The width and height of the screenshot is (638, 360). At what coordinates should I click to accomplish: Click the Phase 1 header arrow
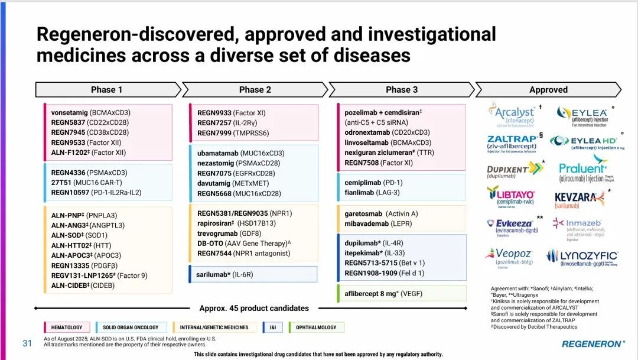(107, 90)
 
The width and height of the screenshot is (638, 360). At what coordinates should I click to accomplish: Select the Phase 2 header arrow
(255, 90)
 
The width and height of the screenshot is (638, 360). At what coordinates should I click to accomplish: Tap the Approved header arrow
(548, 90)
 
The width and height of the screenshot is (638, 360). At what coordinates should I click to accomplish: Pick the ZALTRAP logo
(512, 142)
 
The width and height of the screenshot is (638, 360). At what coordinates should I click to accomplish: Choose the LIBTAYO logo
(511, 196)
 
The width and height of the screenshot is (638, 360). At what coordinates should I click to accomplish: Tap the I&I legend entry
(272, 327)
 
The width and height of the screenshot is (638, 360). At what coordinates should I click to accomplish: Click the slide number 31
(27, 343)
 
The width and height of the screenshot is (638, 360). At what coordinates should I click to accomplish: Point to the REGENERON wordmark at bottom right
(591, 343)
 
